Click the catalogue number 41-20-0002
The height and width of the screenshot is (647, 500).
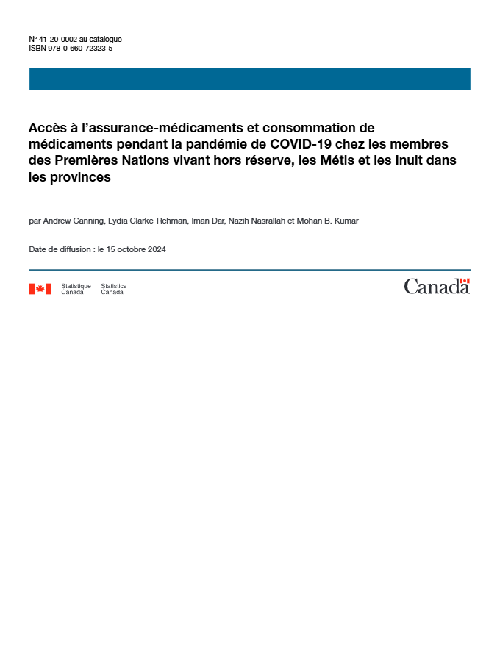pyautogui.click(x=59, y=39)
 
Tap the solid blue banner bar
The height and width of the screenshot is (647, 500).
pyautogui.click(x=249, y=79)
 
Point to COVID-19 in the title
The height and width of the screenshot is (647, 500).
pyautogui.click(x=301, y=144)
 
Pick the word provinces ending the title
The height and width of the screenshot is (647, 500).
pyautogui.click(x=80, y=177)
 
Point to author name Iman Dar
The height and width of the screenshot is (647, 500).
pyautogui.click(x=208, y=221)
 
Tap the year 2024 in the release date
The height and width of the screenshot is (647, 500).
pyautogui.click(x=157, y=249)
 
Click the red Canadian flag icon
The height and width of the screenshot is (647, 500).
pyautogui.click(x=40, y=289)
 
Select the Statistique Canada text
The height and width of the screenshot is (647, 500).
pyautogui.click(x=76, y=289)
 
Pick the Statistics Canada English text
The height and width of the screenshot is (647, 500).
pyautogui.click(x=113, y=289)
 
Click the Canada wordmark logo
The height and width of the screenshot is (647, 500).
pyautogui.click(x=437, y=287)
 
